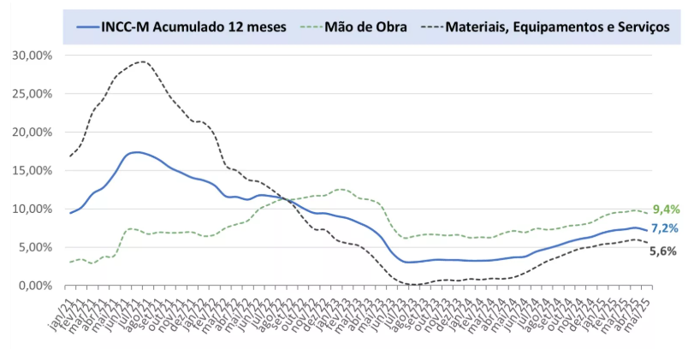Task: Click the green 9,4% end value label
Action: (665, 210)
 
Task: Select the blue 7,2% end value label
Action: (665, 229)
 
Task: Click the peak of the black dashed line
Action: (141, 62)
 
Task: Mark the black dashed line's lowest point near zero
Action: (413, 284)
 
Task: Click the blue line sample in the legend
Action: (97, 27)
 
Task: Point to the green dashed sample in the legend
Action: (311, 27)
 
